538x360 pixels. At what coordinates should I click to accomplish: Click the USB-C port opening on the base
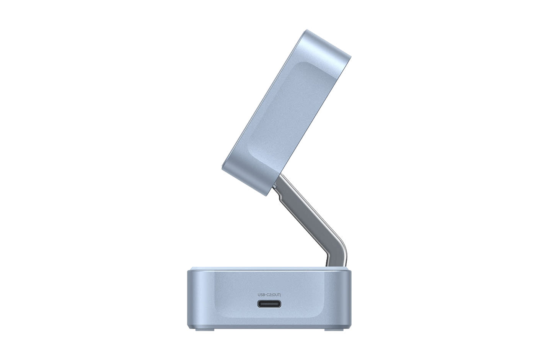(x=269, y=304)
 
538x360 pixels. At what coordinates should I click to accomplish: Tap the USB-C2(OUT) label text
(x=269, y=295)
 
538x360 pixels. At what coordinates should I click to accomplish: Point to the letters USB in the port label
(x=261, y=295)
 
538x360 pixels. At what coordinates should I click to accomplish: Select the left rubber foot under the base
(x=205, y=330)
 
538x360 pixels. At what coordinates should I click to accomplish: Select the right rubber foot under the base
(x=334, y=330)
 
